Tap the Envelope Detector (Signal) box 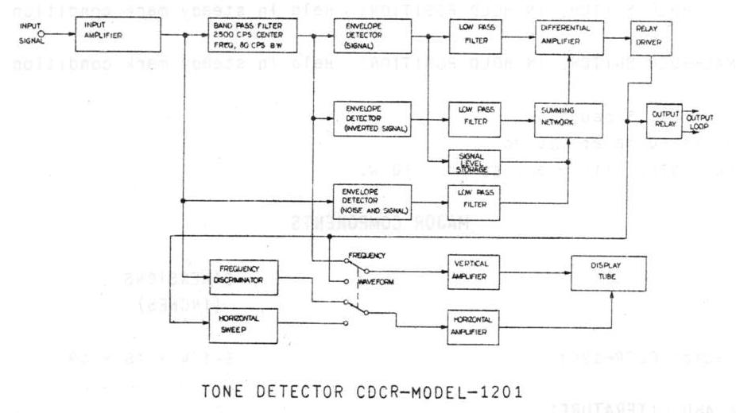373,36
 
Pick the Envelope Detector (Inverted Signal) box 373,118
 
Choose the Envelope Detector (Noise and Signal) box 373,200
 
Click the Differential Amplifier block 569,37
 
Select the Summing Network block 569,119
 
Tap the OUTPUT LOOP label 702,120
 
